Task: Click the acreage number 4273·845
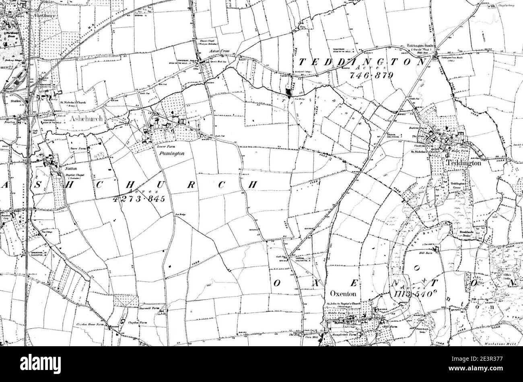coord(139,199)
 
